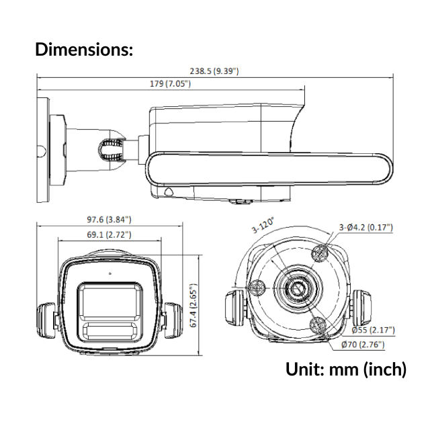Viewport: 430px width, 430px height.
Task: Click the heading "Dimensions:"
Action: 84,49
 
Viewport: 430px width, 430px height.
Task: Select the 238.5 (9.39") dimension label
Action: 213,71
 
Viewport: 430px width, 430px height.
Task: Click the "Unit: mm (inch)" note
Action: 346,369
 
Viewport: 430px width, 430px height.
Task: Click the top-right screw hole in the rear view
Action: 321,253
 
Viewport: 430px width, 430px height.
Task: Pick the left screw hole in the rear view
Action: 257,288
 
